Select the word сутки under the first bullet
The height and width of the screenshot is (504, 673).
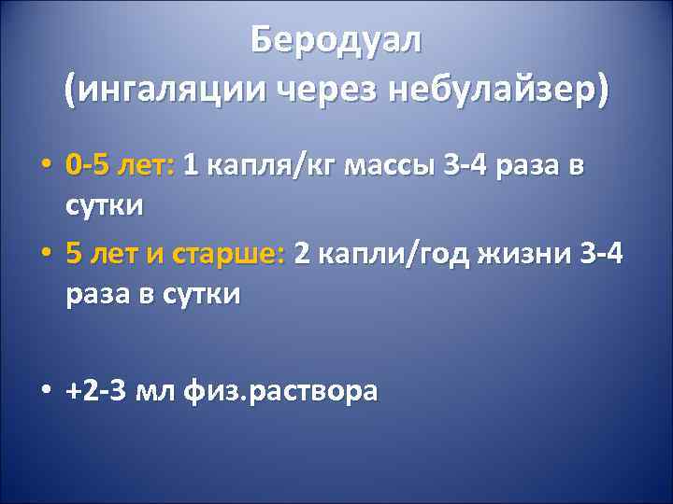[x=105, y=204]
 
